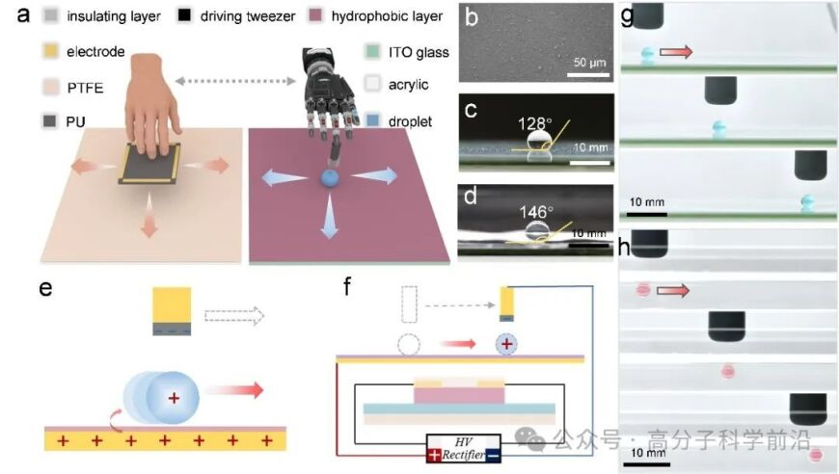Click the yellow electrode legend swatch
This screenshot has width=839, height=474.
pyautogui.click(x=50, y=51)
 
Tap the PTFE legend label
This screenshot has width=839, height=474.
pyautogui.click(x=85, y=88)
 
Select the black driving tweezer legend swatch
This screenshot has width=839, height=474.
pyautogui.click(x=184, y=15)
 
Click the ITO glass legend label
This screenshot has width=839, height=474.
pyautogui.click(x=419, y=52)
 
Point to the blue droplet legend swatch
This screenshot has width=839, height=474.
pyautogui.click(x=372, y=120)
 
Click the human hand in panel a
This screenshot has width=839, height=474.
pyautogui.click(x=150, y=105)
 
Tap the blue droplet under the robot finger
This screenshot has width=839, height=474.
pyautogui.click(x=330, y=178)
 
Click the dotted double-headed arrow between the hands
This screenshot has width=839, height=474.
pyautogui.click(x=235, y=81)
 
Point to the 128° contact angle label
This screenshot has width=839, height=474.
pyautogui.click(x=534, y=124)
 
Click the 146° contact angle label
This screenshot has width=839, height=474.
pyautogui.click(x=536, y=212)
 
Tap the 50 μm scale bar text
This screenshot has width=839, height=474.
pyautogui.click(x=589, y=63)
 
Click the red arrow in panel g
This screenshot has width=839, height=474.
pyautogui.click(x=676, y=52)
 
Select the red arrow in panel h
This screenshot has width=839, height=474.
pyautogui.click(x=672, y=290)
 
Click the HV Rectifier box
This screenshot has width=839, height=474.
pyautogui.click(x=464, y=448)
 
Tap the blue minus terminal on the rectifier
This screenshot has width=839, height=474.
pyautogui.click(x=494, y=456)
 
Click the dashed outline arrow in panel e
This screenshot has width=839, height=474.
pyautogui.click(x=234, y=316)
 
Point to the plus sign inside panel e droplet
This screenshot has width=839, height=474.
pyautogui.click(x=174, y=398)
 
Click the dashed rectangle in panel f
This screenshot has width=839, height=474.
pyautogui.click(x=409, y=304)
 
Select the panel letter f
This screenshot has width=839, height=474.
pyautogui.click(x=347, y=286)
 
